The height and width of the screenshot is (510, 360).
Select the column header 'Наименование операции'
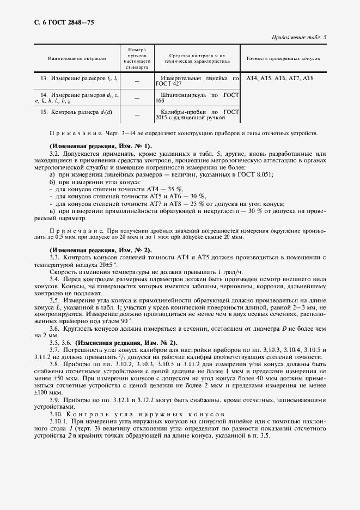click(77, 58)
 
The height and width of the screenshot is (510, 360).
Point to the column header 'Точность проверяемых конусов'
click(283, 58)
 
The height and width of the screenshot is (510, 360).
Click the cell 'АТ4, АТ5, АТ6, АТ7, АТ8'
click(280, 79)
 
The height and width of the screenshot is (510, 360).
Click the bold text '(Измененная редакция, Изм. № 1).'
click(101, 147)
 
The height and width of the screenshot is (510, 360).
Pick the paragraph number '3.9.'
click(54, 400)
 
